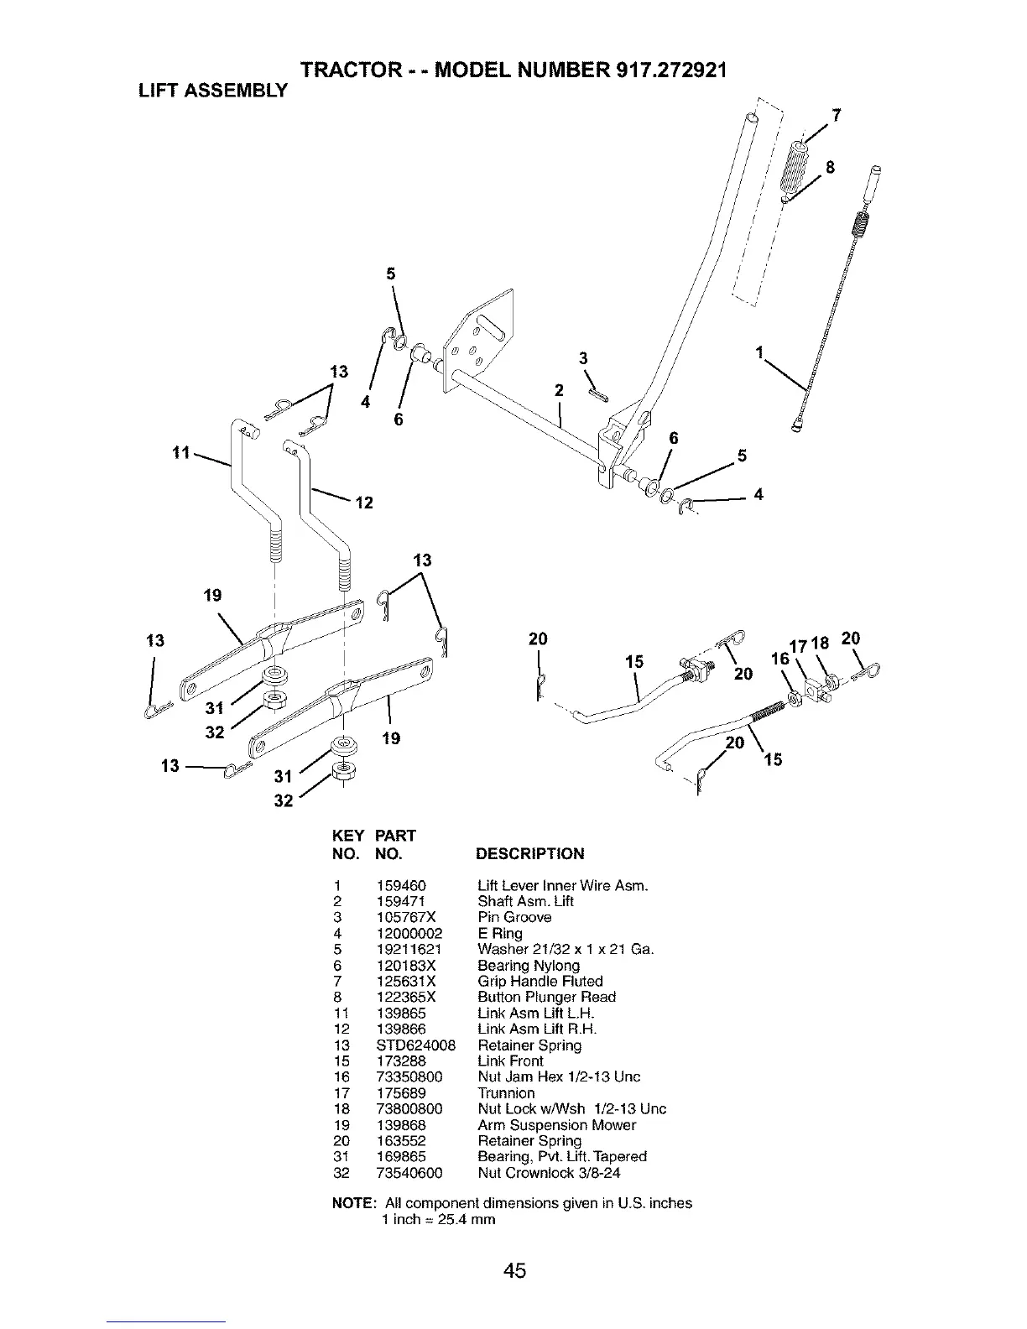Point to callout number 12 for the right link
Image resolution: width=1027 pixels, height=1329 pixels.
[364, 503]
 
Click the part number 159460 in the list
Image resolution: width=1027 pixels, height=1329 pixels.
[401, 886]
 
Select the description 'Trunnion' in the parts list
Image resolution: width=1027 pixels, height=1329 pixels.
[506, 1093]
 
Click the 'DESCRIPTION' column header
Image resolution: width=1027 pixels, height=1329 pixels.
[530, 854]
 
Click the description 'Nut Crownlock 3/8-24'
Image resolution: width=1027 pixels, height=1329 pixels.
[549, 1173]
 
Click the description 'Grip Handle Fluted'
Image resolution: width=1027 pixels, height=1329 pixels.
[540, 982]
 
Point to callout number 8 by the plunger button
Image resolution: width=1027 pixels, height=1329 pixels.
[831, 167]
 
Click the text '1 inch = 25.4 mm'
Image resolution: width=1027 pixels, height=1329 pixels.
[438, 1219]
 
